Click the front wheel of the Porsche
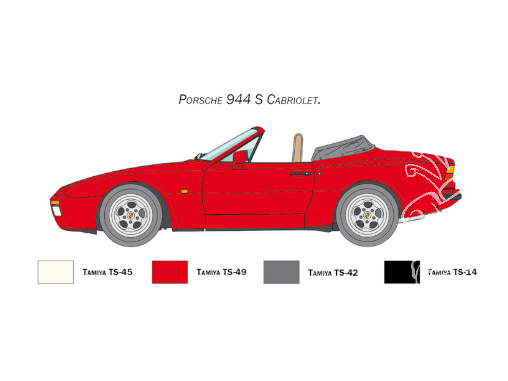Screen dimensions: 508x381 pyautogui.click(x=131, y=215)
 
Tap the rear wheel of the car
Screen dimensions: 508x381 pyautogui.click(x=367, y=214)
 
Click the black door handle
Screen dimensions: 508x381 pyautogui.click(x=300, y=174)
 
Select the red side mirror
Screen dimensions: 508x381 pyautogui.click(x=239, y=160)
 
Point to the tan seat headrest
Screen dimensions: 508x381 pyautogui.click(x=298, y=147)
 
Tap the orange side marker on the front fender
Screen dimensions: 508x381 pyautogui.click(x=184, y=191)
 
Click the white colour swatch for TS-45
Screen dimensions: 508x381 pyautogui.click(x=56, y=272)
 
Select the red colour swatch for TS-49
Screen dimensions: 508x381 pyautogui.click(x=170, y=272)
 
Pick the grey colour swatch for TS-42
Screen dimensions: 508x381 pyautogui.click(x=281, y=272)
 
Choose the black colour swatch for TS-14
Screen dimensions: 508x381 pyautogui.click(x=402, y=272)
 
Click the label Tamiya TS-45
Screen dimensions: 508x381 pyautogui.click(x=108, y=272)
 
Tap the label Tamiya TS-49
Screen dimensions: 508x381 pyautogui.click(x=221, y=272)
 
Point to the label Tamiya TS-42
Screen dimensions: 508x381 pyautogui.click(x=333, y=273)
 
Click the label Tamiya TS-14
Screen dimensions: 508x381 pyautogui.click(x=452, y=272)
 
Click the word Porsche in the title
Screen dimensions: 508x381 pyautogui.click(x=201, y=100)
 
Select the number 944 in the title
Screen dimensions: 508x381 pyautogui.click(x=238, y=99)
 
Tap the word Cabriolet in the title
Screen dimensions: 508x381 pyautogui.click(x=294, y=100)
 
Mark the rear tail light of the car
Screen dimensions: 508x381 pyautogui.click(x=450, y=173)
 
